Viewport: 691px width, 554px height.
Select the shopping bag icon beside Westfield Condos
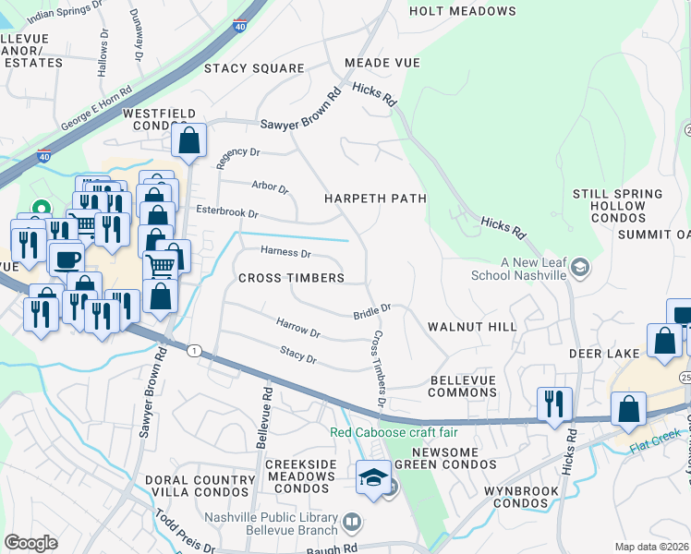point(188,141)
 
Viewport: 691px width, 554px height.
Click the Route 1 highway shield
point(193,350)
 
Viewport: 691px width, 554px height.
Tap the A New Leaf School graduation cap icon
point(580,269)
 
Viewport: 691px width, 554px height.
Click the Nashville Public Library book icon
point(351,523)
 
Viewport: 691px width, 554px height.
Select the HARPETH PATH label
point(374,199)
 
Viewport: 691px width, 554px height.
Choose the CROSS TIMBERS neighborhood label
point(291,278)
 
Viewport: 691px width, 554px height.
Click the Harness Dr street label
point(285,252)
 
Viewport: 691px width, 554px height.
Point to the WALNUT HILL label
point(472,328)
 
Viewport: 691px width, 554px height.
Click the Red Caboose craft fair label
point(394,433)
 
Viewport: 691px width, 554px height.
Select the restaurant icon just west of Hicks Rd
point(554,403)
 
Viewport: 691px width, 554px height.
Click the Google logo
point(30,543)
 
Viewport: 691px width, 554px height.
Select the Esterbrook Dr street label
point(226,212)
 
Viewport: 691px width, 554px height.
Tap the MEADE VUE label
point(382,63)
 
